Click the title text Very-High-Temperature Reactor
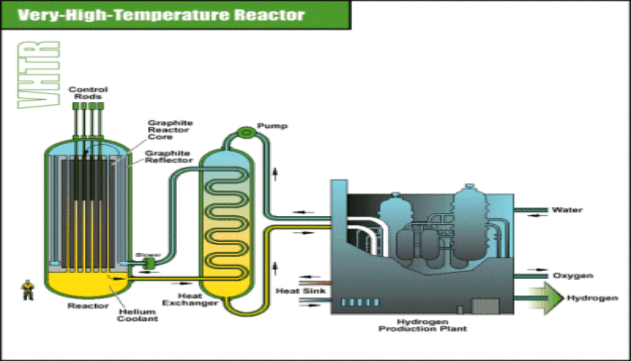[161, 14]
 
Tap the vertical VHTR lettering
[38, 75]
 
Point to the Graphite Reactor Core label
[163, 129]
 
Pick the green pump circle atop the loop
[244, 132]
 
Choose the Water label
[567, 210]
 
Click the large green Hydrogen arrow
[545, 298]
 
